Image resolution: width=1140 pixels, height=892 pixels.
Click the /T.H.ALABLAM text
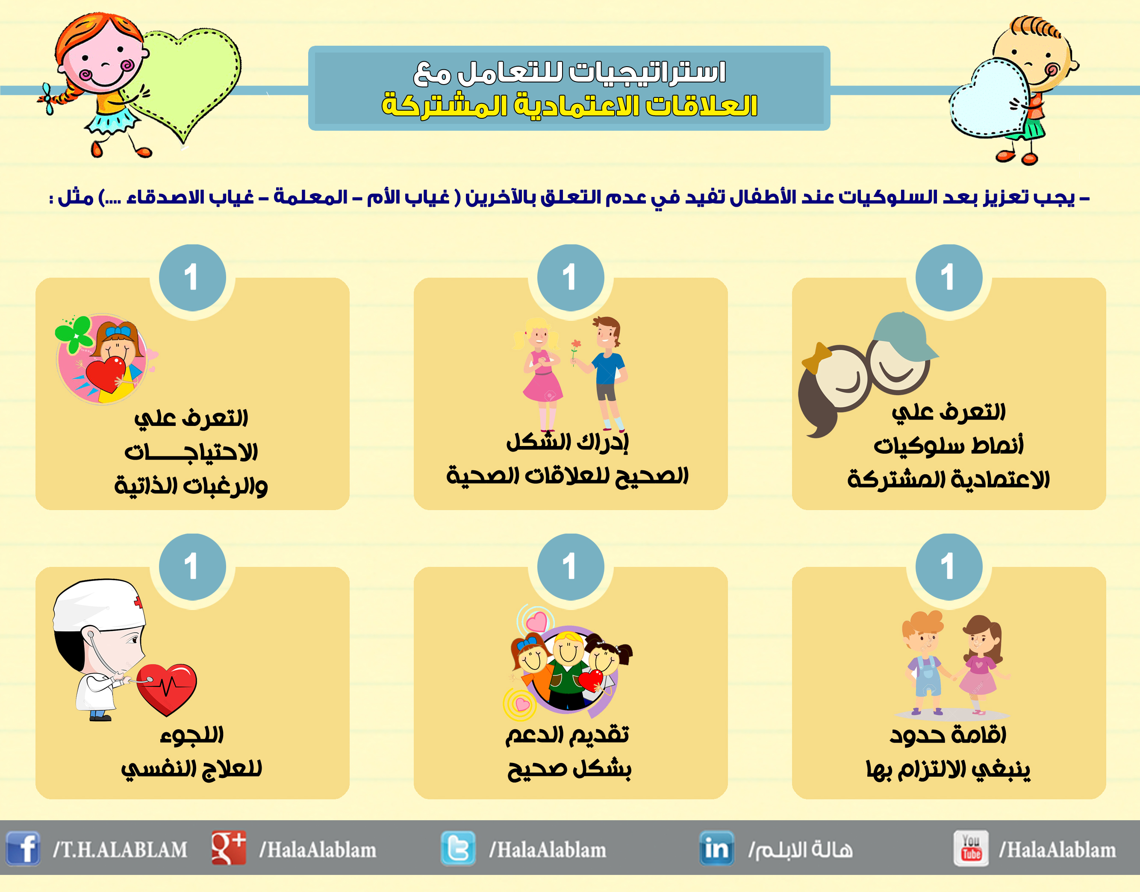pyautogui.click(x=120, y=850)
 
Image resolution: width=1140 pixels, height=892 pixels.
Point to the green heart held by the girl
pyautogui.click(x=188, y=78)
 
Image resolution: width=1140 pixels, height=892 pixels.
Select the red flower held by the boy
pyautogui.click(x=576, y=345)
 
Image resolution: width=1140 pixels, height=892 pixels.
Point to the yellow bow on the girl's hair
pyautogui.click(x=816, y=357)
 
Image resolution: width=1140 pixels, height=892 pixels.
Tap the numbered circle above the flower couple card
pyautogui.click(x=571, y=277)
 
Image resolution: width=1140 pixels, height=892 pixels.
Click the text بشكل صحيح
pyautogui.click(x=569, y=768)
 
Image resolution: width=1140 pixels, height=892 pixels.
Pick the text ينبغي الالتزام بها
pyautogui.click(x=948, y=769)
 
